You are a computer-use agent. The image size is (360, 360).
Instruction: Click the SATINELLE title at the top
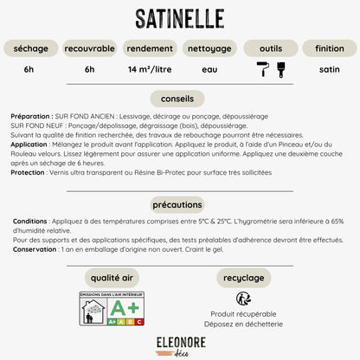180,18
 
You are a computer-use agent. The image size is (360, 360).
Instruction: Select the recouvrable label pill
90,48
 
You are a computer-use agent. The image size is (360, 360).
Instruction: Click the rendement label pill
149,48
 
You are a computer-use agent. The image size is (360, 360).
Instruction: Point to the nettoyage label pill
209,48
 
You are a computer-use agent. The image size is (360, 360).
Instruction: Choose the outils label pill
269,48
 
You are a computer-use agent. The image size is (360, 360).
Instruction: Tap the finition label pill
330,48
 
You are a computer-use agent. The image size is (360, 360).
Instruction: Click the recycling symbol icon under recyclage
243,299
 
